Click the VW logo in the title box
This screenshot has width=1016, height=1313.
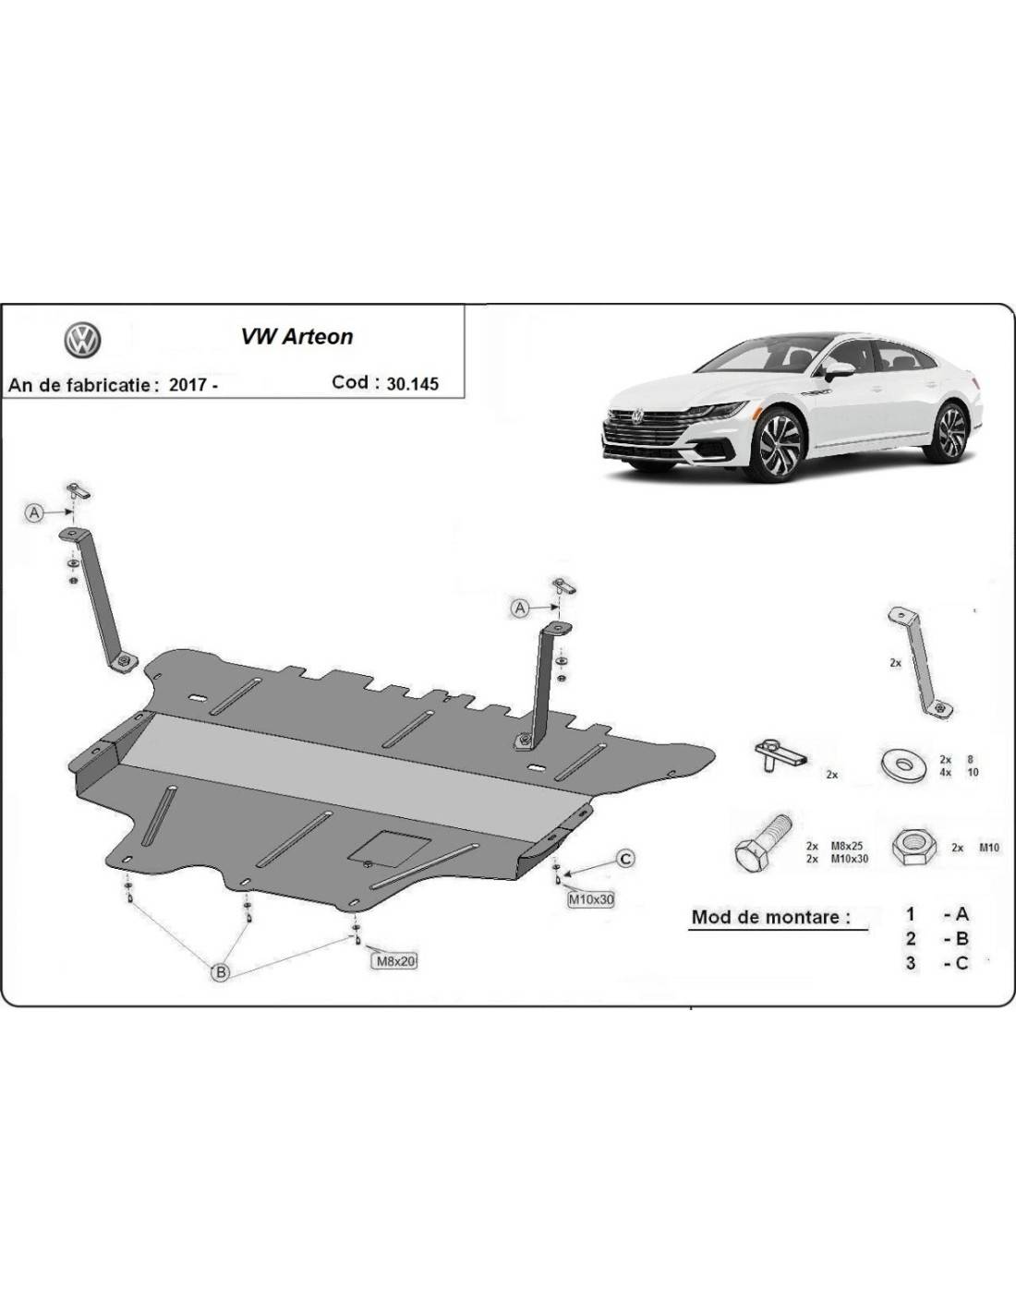pyautogui.click(x=82, y=341)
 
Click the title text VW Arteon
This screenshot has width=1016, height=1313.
pyautogui.click(x=297, y=336)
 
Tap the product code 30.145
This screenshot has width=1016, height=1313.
pyautogui.click(x=412, y=383)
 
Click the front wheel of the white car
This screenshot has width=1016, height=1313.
pyautogui.click(x=776, y=447)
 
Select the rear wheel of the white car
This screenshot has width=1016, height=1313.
pyautogui.click(x=949, y=430)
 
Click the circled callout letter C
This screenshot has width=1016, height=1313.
pyautogui.click(x=625, y=859)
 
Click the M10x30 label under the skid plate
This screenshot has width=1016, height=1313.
pyautogui.click(x=591, y=898)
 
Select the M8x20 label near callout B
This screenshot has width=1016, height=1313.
pyautogui.click(x=394, y=960)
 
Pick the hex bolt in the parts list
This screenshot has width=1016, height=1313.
pyautogui.click(x=762, y=841)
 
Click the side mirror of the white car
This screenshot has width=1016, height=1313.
pyautogui.click(x=839, y=370)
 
